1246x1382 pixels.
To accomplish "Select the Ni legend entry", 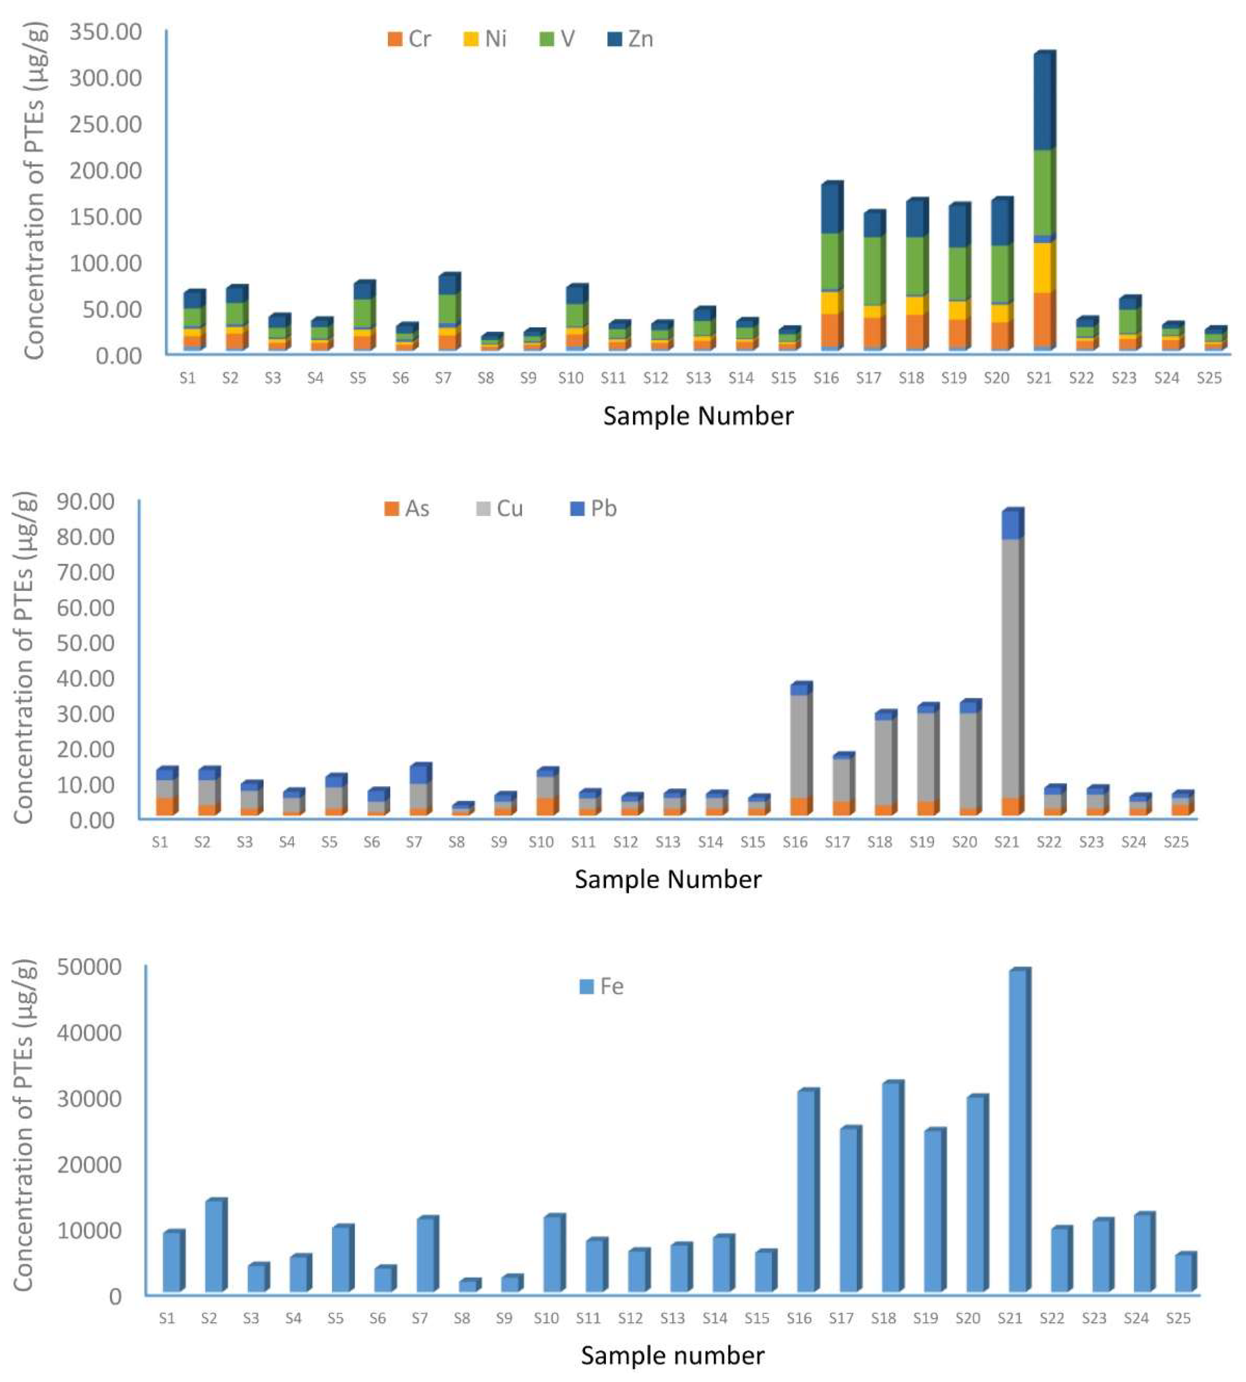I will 485,39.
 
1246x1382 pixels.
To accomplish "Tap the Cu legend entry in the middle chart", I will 500,509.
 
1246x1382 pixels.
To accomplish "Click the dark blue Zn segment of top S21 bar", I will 1042,103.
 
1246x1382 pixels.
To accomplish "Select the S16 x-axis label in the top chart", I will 826,378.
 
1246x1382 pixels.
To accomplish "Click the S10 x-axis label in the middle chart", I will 541,842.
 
